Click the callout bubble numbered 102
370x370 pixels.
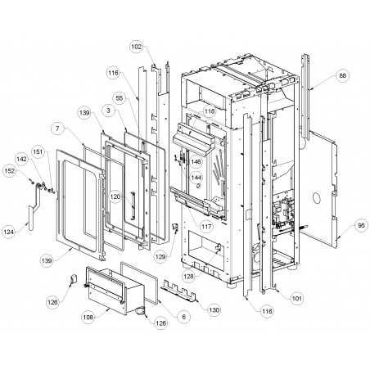pos(137,47)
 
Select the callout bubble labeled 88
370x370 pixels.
pos(342,75)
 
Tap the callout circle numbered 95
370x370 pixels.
pos(361,225)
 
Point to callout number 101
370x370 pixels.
pos(297,298)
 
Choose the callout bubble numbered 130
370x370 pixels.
pos(214,310)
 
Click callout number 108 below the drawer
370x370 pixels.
pos(88,317)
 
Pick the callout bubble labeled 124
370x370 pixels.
pos(9,232)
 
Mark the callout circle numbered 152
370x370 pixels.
pos(9,170)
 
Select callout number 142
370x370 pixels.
pos(22,159)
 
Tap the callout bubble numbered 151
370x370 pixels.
pos(38,151)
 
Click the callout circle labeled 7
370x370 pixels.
pos(57,129)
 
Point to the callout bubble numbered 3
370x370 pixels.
pos(108,111)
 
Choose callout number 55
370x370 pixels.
pos(120,98)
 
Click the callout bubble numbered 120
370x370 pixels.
pos(115,196)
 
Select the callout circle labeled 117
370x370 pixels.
pos(206,226)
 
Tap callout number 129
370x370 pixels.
pos(160,256)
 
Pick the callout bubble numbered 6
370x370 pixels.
pos(183,317)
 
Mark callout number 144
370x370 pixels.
pos(196,178)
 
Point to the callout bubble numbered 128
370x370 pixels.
pos(188,276)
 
